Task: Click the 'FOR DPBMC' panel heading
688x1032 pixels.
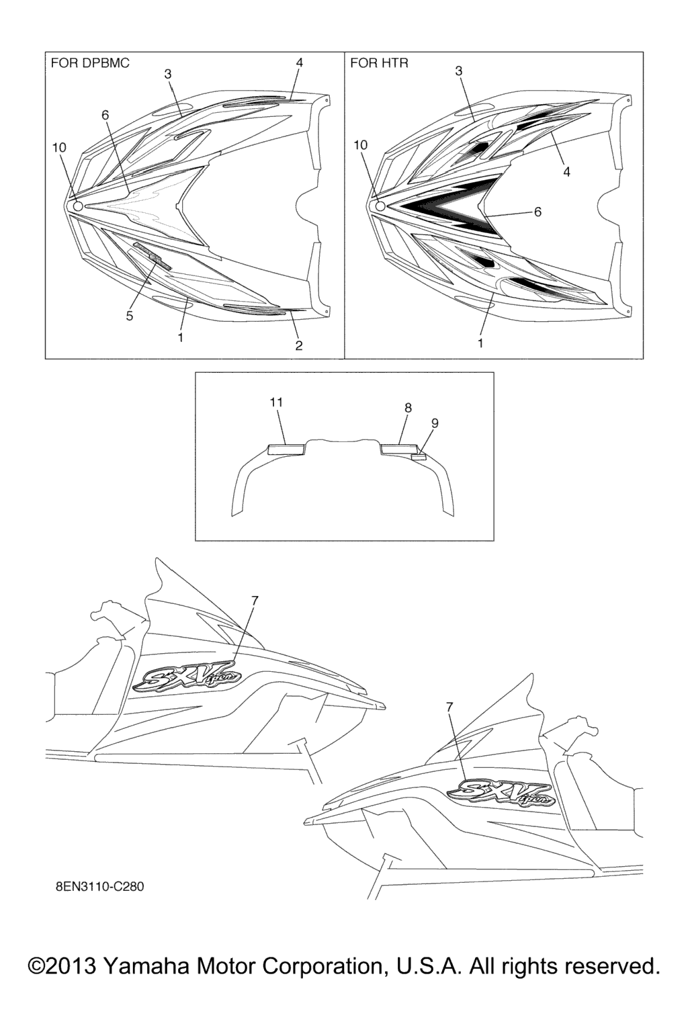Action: pyautogui.click(x=90, y=63)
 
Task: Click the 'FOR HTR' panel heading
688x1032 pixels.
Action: pyautogui.click(x=379, y=63)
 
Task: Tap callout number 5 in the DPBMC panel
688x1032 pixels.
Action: pyautogui.click(x=130, y=316)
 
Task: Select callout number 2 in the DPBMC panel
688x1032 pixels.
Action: pyautogui.click(x=298, y=345)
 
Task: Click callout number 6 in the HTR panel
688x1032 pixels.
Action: pyautogui.click(x=537, y=212)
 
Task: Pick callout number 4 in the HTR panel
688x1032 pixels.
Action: pyautogui.click(x=567, y=171)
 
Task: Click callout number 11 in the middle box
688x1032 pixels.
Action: pyautogui.click(x=276, y=402)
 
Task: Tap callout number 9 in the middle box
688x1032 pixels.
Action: pyautogui.click(x=435, y=423)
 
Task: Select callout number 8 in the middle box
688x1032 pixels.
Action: pyautogui.click(x=408, y=408)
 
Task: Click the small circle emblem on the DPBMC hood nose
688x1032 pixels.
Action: pyautogui.click(x=77, y=206)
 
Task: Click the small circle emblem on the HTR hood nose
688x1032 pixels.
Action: pyautogui.click(x=380, y=206)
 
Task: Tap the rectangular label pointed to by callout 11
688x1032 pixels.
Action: pyautogui.click(x=286, y=449)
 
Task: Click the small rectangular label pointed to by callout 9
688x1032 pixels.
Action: pyautogui.click(x=418, y=457)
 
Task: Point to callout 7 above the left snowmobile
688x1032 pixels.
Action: pyautogui.click(x=255, y=600)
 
